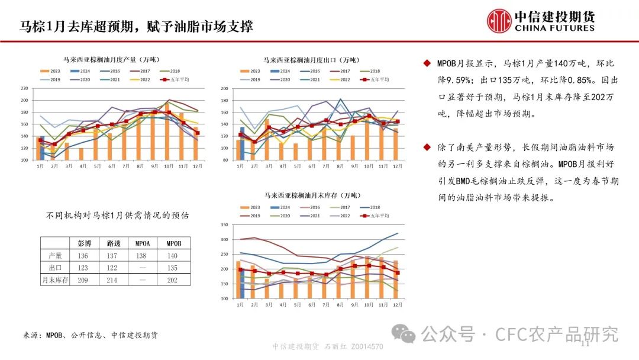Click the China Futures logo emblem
coord(499,21)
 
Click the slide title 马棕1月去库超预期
coord(136,26)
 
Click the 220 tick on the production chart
coord(24,89)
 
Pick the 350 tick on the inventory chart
coord(224,226)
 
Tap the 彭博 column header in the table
coord(84,243)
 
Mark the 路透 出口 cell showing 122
coord(114,268)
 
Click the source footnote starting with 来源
coord(91,335)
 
